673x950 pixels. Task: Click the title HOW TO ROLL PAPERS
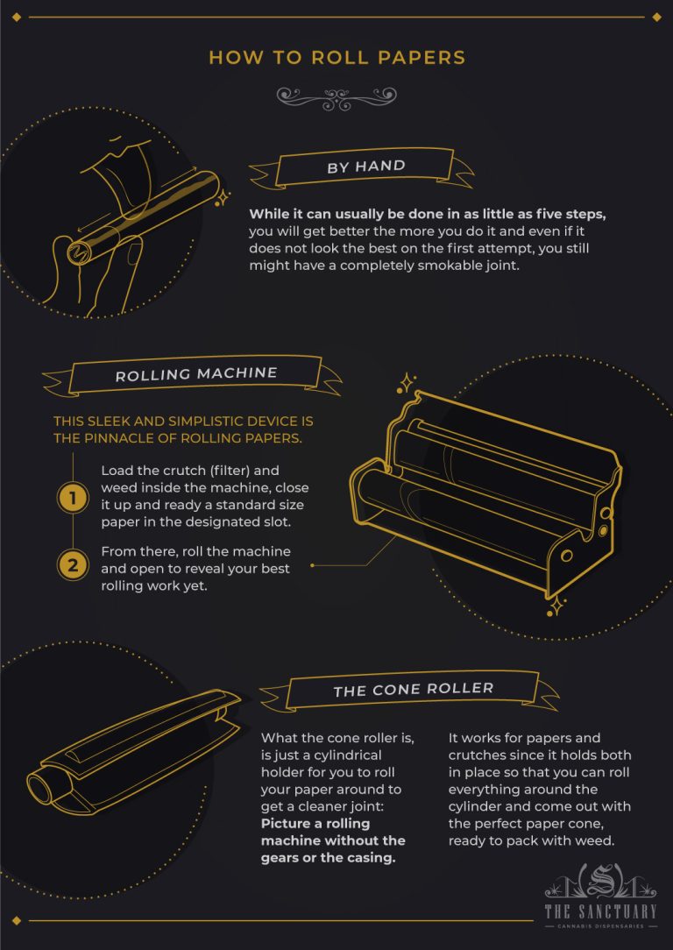(x=336, y=58)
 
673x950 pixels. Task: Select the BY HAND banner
(x=365, y=167)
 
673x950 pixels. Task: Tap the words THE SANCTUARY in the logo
(x=599, y=911)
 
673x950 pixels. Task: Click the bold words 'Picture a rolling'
(x=315, y=824)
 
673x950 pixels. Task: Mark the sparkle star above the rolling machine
(x=407, y=382)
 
